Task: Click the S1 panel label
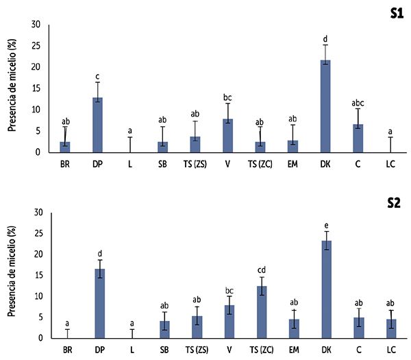394,12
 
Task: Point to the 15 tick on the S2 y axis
36,275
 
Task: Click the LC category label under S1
390,165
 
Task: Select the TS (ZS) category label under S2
196,350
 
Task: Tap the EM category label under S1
293,165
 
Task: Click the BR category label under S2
66,350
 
